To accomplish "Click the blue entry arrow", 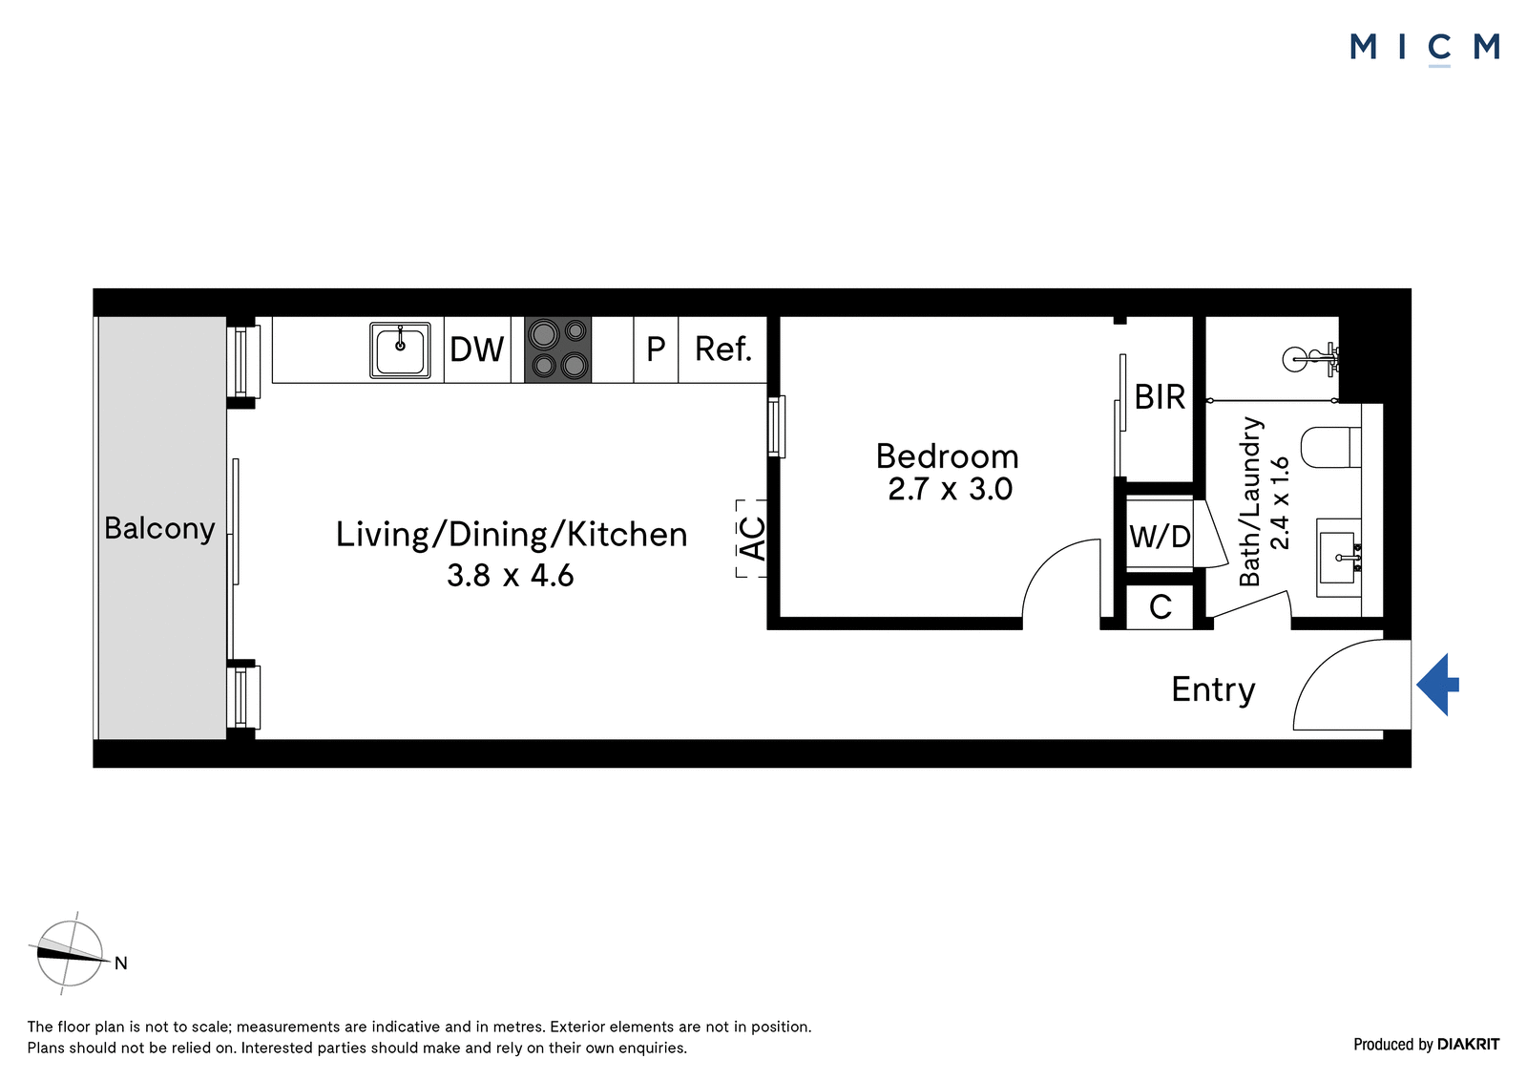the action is [x=1437, y=685].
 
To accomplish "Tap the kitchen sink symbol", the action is [x=400, y=350].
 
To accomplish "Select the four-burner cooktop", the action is [x=557, y=349].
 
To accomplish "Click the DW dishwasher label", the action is [x=476, y=349].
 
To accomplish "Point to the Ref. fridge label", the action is [x=723, y=349].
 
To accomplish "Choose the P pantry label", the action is [x=655, y=349].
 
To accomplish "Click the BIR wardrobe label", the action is [x=1160, y=396].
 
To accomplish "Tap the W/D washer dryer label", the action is [x=1160, y=537].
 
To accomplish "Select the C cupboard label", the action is [x=1161, y=606].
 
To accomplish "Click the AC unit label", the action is [x=753, y=539].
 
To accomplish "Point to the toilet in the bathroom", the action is [x=1330, y=447].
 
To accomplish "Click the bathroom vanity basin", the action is [x=1339, y=558].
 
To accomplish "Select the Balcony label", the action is [x=159, y=529].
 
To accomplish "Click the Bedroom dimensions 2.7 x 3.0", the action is [x=950, y=489].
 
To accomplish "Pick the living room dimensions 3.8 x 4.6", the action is [x=510, y=575].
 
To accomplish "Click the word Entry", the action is [x=1213, y=689].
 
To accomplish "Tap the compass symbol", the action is [x=71, y=953].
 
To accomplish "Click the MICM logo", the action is [x=1425, y=49].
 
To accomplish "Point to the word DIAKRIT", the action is [x=1469, y=1044].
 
